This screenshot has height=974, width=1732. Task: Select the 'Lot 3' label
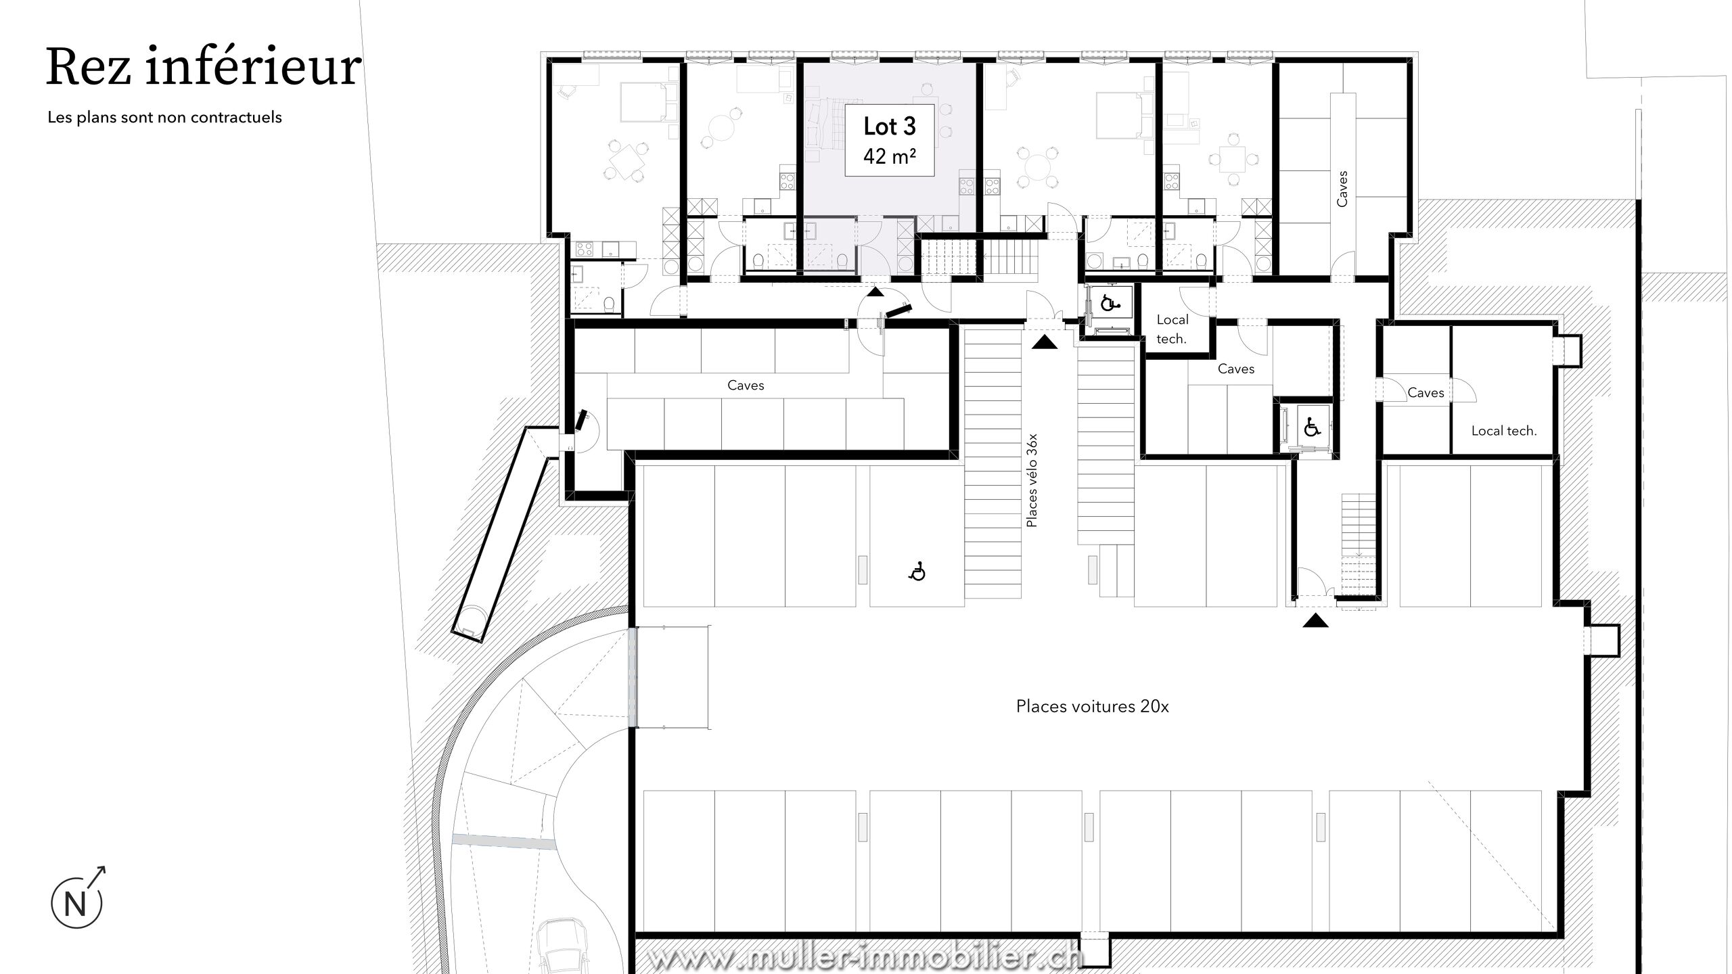click(889, 126)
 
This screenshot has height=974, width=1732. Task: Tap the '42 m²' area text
click(890, 156)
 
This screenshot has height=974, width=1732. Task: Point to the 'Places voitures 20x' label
click(1092, 706)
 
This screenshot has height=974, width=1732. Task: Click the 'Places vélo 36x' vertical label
click(1032, 480)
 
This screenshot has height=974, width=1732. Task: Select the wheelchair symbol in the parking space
click(917, 572)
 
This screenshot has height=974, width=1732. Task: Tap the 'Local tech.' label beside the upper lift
click(1172, 329)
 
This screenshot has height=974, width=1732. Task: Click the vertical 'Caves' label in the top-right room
click(1342, 188)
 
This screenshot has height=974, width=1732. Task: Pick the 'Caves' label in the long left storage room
click(746, 385)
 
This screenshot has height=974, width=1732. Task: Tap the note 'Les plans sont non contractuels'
click(164, 117)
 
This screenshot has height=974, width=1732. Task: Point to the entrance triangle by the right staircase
click(1315, 620)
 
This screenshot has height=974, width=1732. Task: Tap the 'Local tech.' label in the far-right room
click(1503, 431)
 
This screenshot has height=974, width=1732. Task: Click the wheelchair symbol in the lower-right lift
click(1312, 427)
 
